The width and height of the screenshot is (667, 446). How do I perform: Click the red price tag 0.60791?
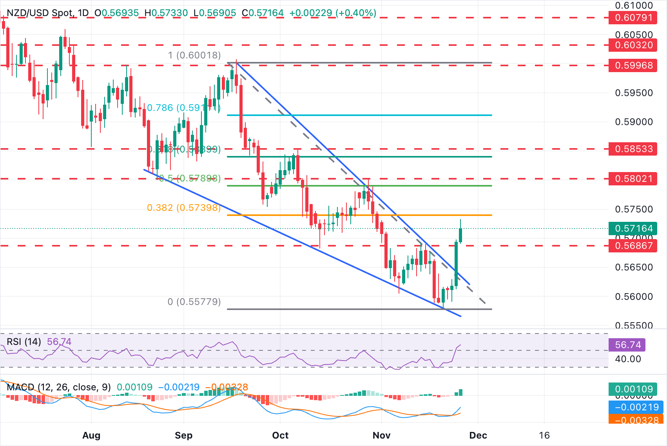(633, 18)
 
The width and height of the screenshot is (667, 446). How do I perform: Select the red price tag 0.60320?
(633, 45)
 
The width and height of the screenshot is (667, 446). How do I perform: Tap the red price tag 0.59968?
(633, 65)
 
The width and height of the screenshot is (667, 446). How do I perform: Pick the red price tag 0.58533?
(633, 149)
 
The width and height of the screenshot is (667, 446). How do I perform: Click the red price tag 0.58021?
(633, 179)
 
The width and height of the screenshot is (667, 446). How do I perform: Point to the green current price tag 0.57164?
(633, 228)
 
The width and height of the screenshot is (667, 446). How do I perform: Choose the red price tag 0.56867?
(633, 246)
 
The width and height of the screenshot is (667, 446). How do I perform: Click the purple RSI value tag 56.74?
(627, 345)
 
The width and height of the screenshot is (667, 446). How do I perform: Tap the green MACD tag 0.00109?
(633, 389)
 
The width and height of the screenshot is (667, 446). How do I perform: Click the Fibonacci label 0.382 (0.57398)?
(184, 208)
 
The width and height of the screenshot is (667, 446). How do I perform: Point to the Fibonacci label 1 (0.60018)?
(194, 55)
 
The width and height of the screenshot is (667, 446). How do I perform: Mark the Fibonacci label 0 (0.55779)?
(194, 302)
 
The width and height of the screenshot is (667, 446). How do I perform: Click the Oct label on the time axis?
(280, 435)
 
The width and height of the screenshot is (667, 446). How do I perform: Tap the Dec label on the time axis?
(478, 435)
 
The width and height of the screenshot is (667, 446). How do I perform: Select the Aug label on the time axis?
(91, 435)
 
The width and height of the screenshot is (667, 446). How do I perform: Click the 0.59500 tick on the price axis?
(634, 93)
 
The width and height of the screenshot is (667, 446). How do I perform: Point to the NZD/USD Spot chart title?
(40, 13)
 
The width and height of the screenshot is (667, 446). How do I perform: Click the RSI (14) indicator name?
(24, 342)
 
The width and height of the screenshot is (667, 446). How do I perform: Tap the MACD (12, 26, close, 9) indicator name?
(59, 387)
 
